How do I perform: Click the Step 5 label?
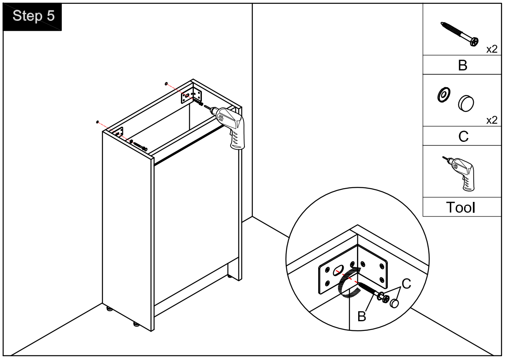[x=33, y=16]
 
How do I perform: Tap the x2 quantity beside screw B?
[x=492, y=49]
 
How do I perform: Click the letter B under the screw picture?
[x=462, y=65]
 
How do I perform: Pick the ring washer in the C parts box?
[x=443, y=95]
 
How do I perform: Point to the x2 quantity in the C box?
[x=492, y=121]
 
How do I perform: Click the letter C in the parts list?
[x=463, y=136]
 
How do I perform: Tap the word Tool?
[x=462, y=207]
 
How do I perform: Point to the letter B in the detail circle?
[x=362, y=316]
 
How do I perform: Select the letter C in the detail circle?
[x=406, y=284]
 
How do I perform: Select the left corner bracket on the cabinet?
[x=118, y=133]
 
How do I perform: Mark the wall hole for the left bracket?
[x=97, y=122]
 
